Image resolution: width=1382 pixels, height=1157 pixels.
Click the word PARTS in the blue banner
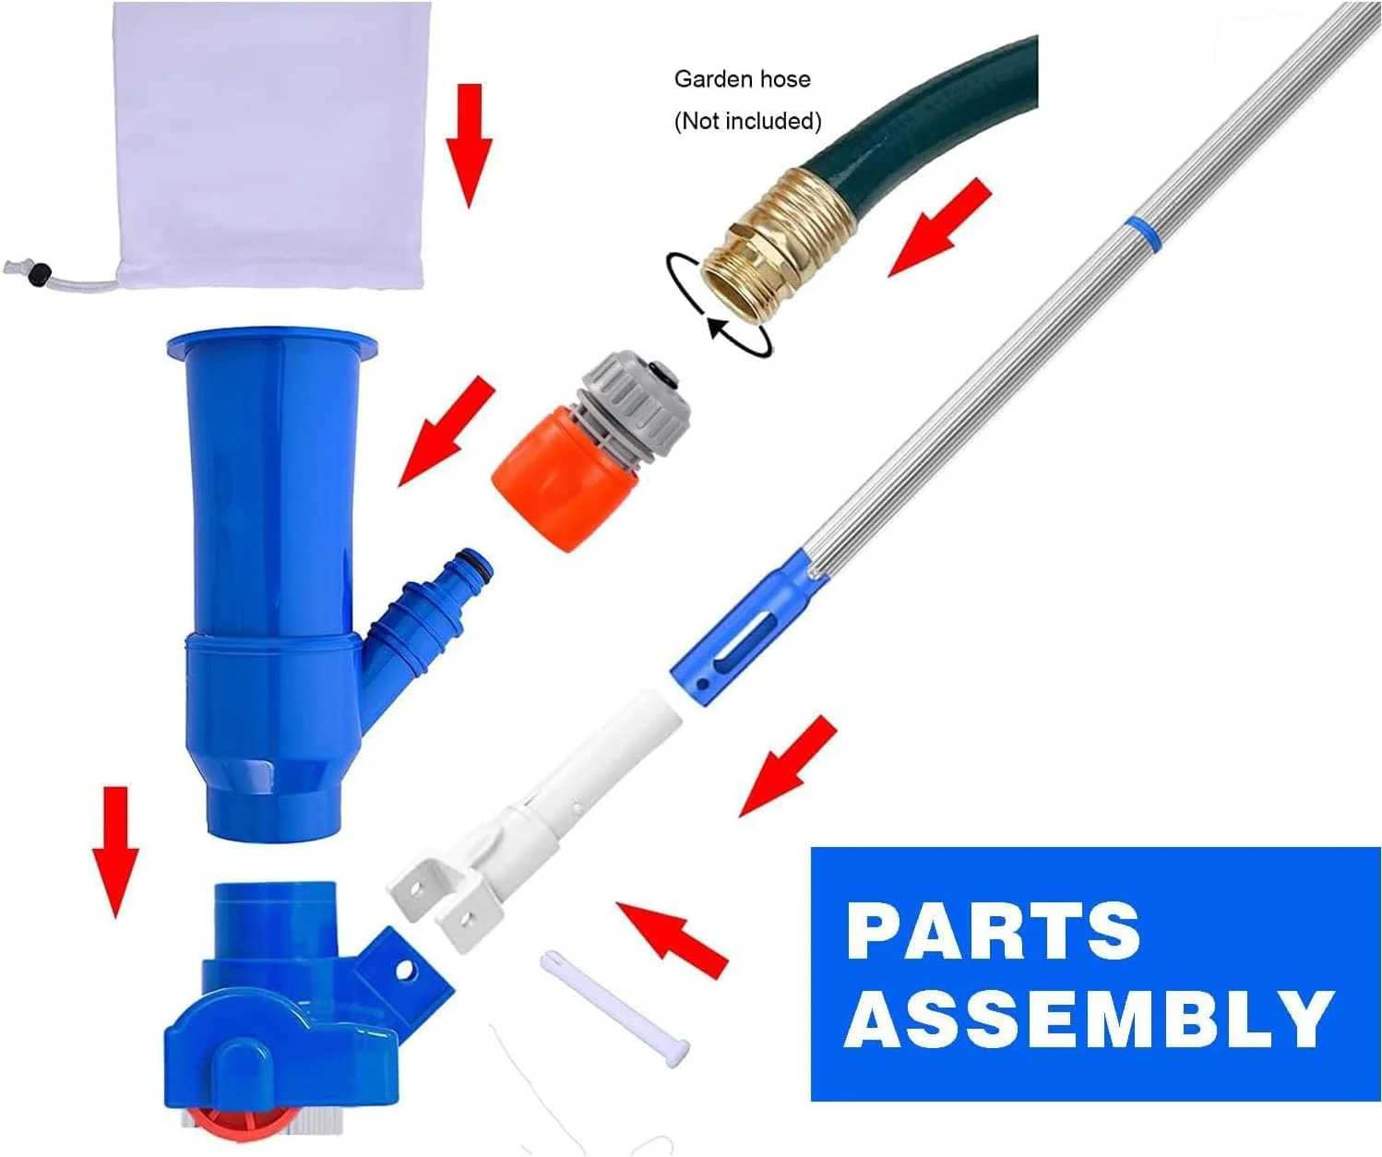click(993, 931)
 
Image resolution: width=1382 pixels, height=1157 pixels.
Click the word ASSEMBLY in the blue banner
click(1089, 1019)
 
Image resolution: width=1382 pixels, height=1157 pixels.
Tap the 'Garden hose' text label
click(742, 79)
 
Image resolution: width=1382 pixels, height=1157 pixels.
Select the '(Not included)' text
click(747, 121)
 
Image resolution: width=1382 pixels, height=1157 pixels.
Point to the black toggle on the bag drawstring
click(41, 273)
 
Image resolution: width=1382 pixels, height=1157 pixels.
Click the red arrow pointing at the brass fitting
click(938, 227)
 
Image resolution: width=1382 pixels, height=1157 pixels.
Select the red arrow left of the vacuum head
click(116, 852)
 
